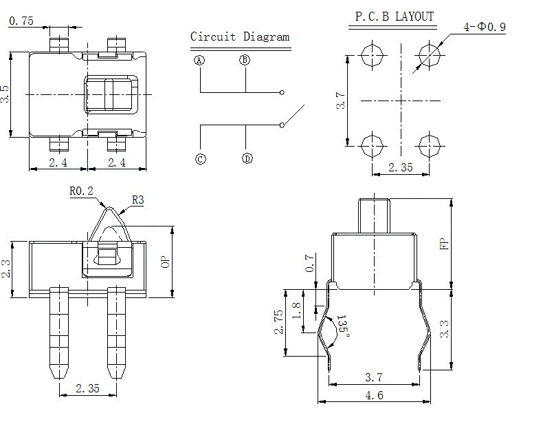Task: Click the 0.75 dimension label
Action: [x=21, y=21]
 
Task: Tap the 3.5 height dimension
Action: [x=5, y=94]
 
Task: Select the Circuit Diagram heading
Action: [x=240, y=36]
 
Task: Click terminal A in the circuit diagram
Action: [x=199, y=61]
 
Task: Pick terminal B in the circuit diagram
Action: [x=245, y=60]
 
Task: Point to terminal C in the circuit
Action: [x=201, y=159]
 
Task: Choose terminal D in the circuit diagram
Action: [x=247, y=158]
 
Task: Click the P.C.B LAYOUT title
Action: [x=394, y=17]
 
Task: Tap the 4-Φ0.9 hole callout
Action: [x=485, y=27]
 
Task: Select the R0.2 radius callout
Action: [x=81, y=191]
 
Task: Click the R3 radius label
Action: [x=138, y=200]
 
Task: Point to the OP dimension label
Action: [x=166, y=262]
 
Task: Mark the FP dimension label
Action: [x=444, y=244]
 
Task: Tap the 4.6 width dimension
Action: [x=374, y=395]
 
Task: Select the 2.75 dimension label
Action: [x=279, y=322]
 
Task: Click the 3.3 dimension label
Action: [x=444, y=329]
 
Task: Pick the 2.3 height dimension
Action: [x=6, y=268]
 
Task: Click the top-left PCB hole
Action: [x=373, y=55]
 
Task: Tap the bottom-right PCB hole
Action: [x=430, y=146]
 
